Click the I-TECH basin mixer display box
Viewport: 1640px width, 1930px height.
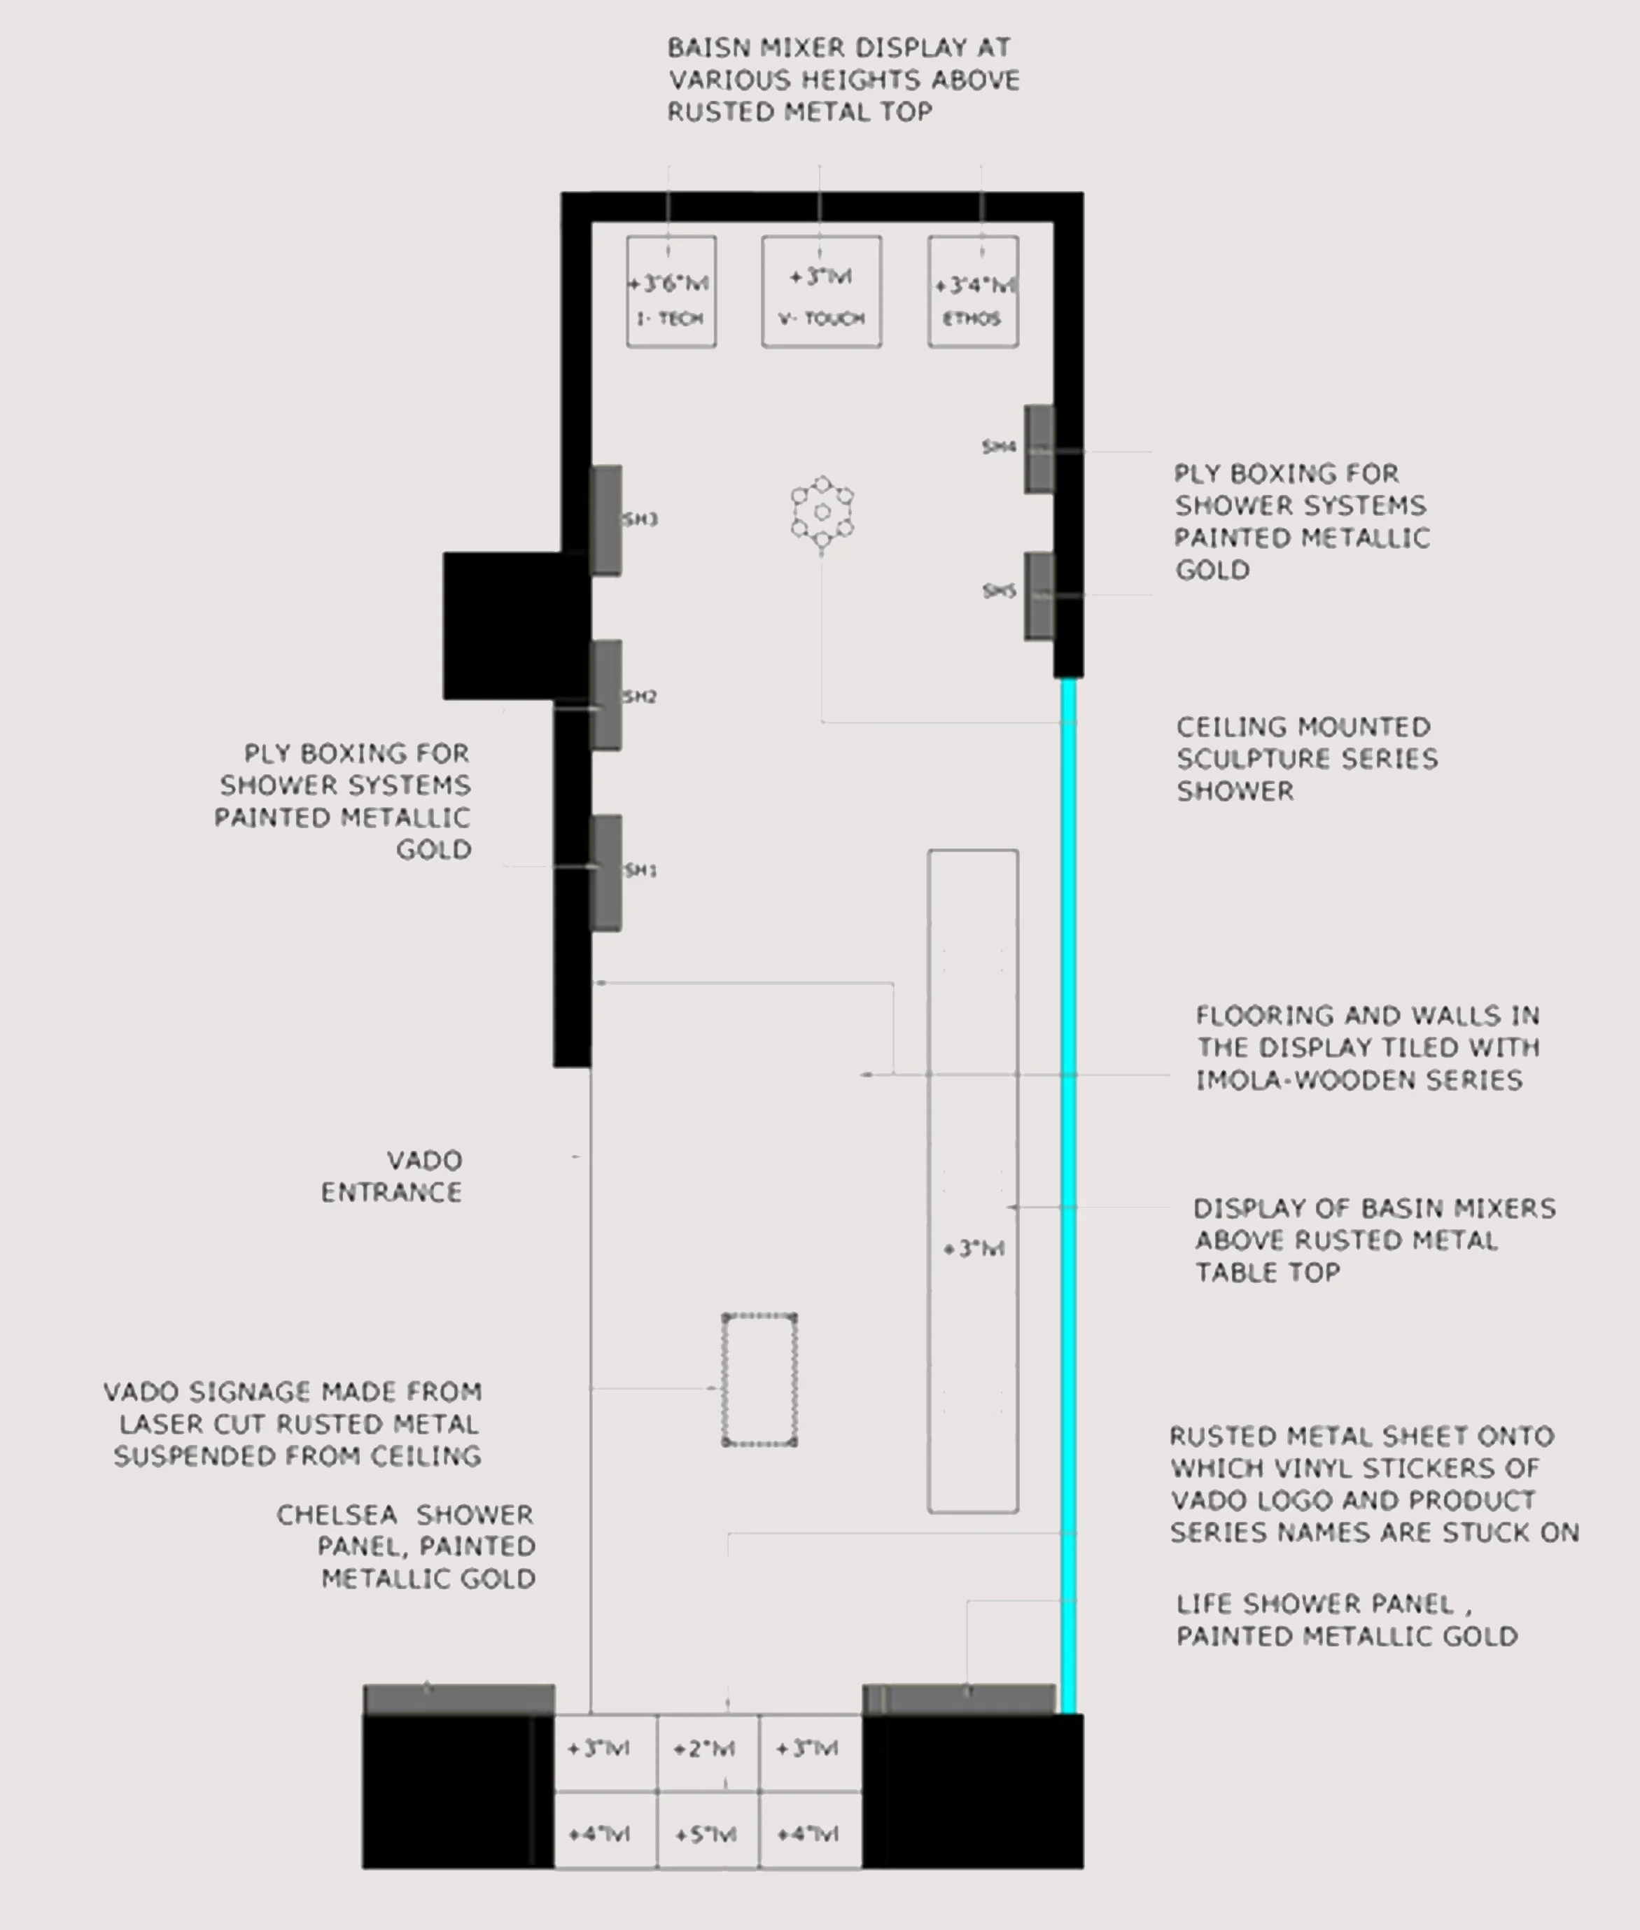(x=671, y=291)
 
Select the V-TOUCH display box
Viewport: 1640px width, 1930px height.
(x=821, y=291)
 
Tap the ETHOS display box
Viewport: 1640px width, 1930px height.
(x=972, y=291)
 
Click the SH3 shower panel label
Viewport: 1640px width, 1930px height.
(x=640, y=519)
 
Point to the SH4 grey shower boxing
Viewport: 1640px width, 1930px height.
(x=1039, y=448)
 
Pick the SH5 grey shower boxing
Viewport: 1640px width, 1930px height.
(x=1039, y=596)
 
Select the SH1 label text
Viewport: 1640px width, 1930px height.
(x=640, y=870)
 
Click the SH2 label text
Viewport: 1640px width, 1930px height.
(x=640, y=697)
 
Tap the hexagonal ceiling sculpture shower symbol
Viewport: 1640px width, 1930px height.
(x=822, y=511)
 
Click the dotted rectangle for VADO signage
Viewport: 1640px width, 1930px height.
(x=759, y=1380)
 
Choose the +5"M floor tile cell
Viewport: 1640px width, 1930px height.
(x=706, y=1834)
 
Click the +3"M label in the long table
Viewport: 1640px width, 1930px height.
(x=974, y=1249)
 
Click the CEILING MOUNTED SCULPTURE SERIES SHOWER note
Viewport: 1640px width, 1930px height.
(x=1305, y=759)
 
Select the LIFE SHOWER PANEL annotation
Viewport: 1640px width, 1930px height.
(x=1345, y=1619)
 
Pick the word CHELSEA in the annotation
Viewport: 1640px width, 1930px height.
(x=337, y=1514)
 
